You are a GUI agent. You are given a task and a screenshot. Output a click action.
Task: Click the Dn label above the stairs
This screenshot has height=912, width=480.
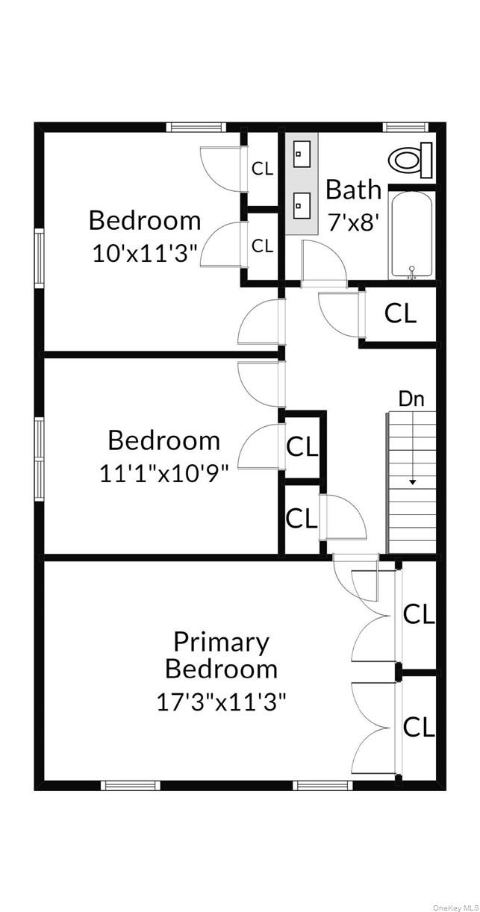tap(411, 399)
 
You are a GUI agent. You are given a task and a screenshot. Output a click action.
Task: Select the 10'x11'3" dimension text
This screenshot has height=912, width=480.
tap(145, 254)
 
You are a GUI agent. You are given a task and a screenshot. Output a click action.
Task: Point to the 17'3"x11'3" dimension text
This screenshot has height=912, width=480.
tap(221, 702)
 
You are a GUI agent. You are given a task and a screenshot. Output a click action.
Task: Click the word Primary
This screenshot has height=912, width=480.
tap(221, 641)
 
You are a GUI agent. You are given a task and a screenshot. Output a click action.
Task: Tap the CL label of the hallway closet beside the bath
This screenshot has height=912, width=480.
tap(400, 313)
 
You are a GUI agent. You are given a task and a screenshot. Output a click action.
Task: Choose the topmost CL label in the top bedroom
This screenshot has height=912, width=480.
tap(262, 169)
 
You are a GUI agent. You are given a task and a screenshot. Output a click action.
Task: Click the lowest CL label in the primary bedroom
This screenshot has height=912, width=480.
tap(419, 726)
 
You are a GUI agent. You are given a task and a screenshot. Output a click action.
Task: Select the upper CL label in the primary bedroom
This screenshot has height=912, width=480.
tap(419, 614)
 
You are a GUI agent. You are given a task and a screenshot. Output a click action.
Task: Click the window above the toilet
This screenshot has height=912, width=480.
tap(405, 127)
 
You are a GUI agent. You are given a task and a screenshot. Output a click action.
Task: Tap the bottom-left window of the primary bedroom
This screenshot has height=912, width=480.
tap(131, 784)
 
